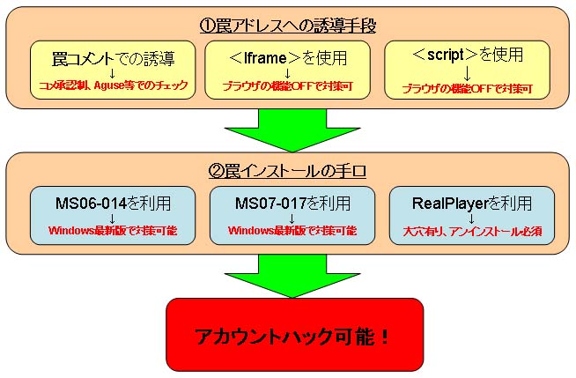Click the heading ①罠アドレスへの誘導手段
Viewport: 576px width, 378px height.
(288, 26)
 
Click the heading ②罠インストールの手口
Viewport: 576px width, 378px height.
(287, 171)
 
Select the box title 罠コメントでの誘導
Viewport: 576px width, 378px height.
(113, 59)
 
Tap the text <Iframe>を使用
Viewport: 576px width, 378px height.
(288, 57)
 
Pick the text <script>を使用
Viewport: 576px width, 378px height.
(468, 55)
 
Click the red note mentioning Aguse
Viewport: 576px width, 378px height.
(113, 85)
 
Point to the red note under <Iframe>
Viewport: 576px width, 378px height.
(288, 86)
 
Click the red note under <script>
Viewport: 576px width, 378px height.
(468, 88)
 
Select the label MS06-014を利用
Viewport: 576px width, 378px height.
(113, 204)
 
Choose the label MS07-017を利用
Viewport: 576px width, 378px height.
(292, 204)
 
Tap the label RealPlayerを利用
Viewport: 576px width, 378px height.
(472, 204)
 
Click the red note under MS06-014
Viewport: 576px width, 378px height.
(113, 231)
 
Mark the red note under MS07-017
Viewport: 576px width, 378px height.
(292, 231)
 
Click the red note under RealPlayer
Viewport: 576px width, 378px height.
(472, 232)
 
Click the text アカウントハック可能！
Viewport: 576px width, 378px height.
(292, 336)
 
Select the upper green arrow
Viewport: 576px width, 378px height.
(292, 130)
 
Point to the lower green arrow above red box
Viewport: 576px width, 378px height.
(292, 276)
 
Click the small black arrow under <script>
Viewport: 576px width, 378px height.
(468, 73)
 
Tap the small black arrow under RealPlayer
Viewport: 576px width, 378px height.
(472, 219)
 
